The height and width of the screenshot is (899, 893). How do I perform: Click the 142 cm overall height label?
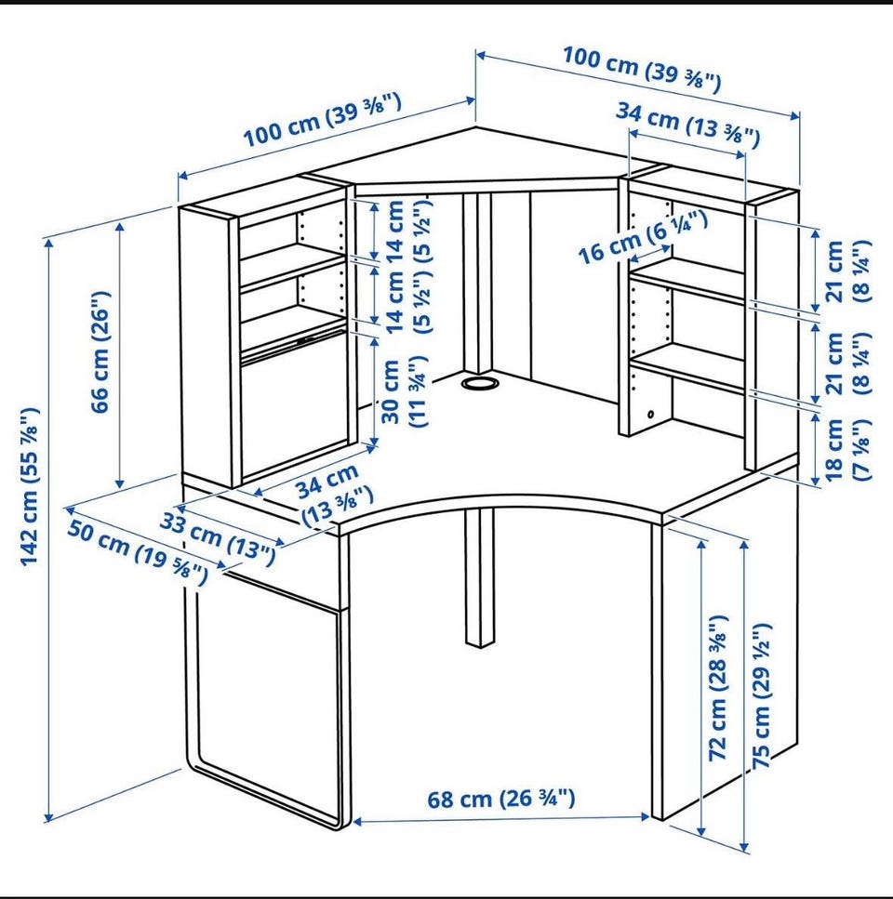(30, 486)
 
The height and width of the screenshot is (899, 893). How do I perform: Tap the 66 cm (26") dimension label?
(101, 352)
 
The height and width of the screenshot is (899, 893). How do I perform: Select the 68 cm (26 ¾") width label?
(500, 799)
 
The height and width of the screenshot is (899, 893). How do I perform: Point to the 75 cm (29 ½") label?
(762, 695)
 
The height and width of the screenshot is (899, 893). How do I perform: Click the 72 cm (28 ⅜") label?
(718, 688)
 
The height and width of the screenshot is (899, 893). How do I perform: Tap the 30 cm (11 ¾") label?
(405, 391)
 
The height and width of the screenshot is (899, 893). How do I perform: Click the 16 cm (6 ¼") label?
(643, 237)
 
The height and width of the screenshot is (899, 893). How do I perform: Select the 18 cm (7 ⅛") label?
(846, 450)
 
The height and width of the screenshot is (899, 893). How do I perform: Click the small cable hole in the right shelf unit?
(650, 414)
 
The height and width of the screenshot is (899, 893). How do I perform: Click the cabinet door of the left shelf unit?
(295, 413)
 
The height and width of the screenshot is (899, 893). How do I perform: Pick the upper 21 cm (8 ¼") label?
(846, 271)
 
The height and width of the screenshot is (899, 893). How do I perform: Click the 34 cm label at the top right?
(687, 125)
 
